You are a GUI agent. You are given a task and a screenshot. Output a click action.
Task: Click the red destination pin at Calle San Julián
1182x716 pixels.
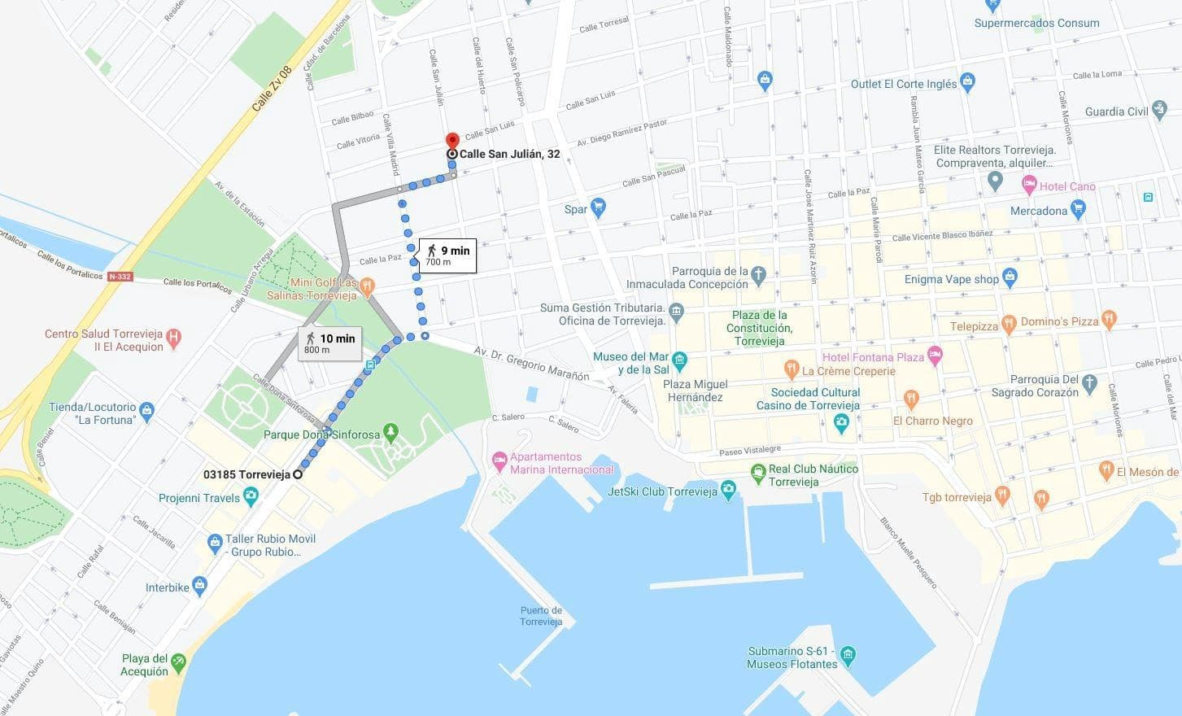(452, 141)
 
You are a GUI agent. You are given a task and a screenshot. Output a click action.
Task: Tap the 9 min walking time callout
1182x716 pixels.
(447, 255)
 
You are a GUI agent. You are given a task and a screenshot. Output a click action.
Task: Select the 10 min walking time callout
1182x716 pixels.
(329, 343)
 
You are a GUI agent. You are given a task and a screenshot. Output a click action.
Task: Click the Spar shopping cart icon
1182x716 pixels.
(599, 208)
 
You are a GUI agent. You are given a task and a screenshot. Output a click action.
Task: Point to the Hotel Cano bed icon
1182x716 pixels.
(1030, 186)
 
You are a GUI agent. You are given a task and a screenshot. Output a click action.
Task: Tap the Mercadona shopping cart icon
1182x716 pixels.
(1079, 210)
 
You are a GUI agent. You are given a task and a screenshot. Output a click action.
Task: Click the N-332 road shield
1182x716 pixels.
(119, 277)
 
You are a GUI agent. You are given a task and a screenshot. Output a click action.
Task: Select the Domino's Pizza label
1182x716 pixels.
(1059, 321)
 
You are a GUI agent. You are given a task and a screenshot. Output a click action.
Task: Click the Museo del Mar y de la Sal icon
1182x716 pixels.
(680, 359)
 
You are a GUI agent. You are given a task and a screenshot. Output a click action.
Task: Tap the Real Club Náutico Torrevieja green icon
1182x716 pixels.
(758, 471)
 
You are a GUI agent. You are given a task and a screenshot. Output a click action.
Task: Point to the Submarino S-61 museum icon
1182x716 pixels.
(848, 654)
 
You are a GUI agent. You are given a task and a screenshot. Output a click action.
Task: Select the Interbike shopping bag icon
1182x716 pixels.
(200, 584)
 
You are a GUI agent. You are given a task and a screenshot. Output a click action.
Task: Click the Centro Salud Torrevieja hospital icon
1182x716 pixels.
(172, 336)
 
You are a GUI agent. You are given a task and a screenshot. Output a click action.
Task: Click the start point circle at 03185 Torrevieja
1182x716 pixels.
(298, 474)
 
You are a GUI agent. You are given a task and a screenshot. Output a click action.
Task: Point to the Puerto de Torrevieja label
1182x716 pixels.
(541, 616)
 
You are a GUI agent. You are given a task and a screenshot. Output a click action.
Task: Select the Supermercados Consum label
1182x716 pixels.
(1036, 23)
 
